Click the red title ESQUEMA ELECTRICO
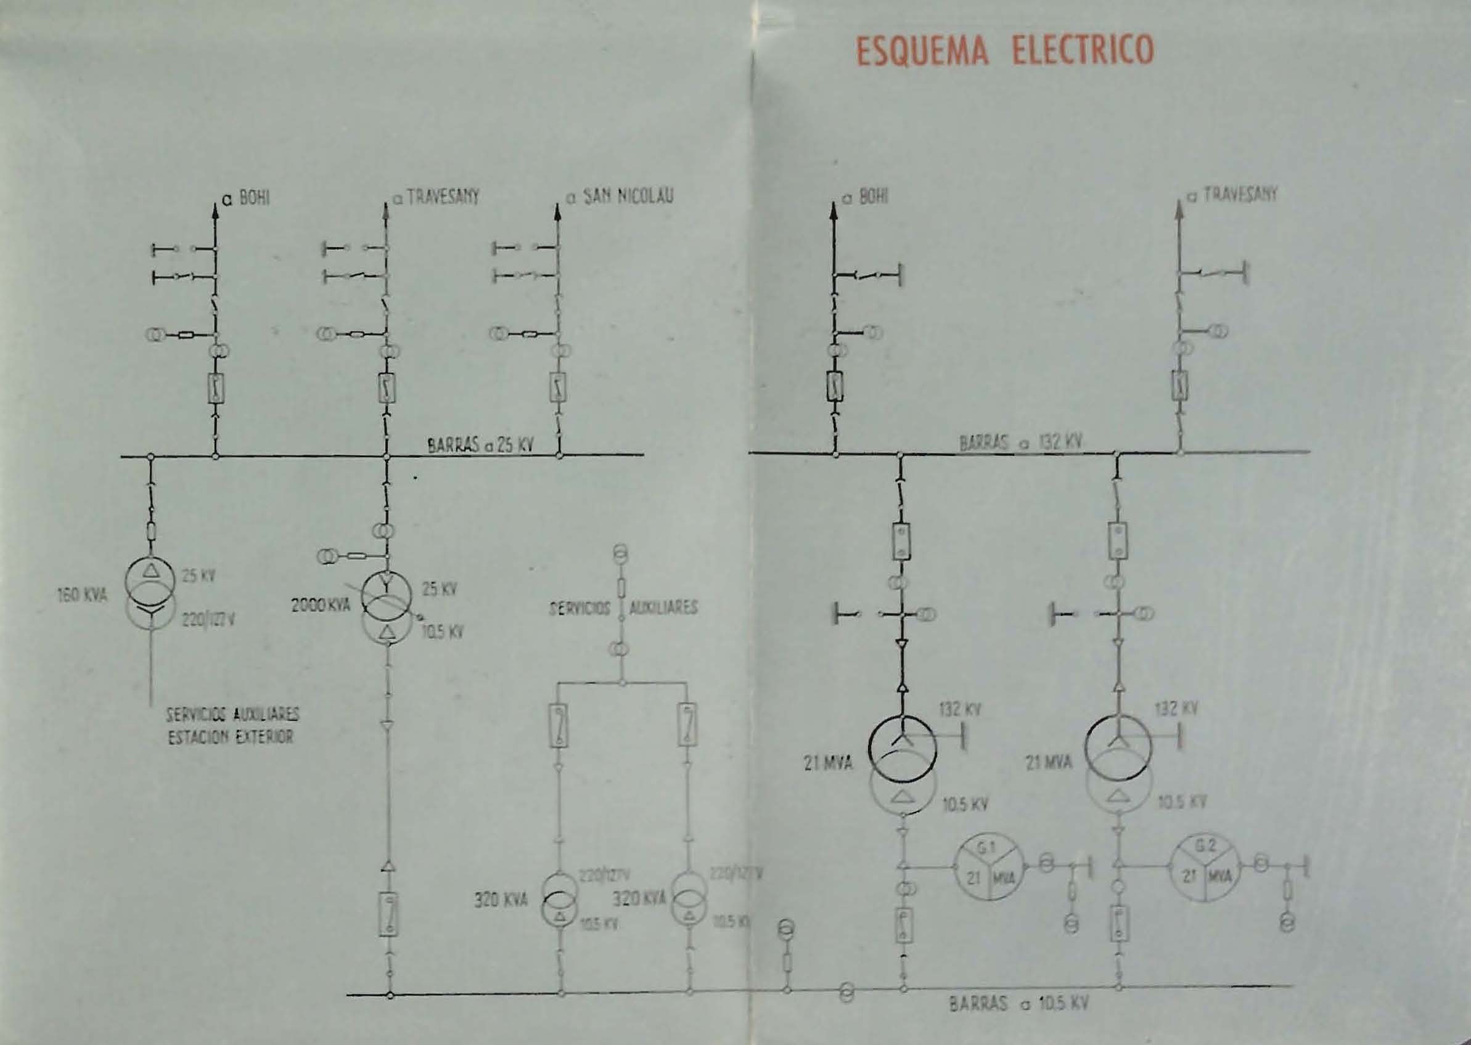coord(1005,49)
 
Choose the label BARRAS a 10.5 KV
coord(1019,1021)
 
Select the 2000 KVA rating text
coord(321,605)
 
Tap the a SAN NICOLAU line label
coord(620,197)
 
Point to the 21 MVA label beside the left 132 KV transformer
coord(829,764)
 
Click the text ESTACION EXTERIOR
coord(231,737)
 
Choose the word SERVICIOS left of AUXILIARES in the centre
coord(580,608)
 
